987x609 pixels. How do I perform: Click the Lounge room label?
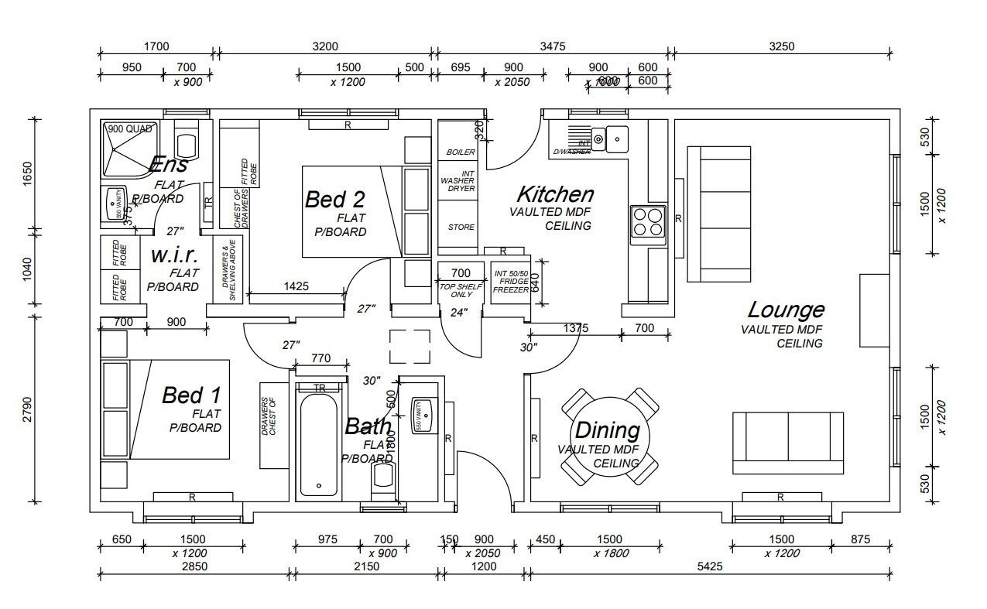pos(785,310)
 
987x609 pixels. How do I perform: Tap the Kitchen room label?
pos(555,194)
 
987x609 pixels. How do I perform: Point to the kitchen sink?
pos(616,139)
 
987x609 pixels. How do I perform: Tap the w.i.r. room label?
pos(174,255)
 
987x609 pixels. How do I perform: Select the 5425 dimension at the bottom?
pos(709,566)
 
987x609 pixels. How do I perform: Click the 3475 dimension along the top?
pos(552,46)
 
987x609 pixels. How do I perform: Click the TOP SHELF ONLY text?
pos(461,291)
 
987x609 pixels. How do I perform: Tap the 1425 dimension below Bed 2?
pos(296,286)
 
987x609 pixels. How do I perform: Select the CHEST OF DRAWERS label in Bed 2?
pos(239,208)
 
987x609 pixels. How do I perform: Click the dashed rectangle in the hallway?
pos(410,346)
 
